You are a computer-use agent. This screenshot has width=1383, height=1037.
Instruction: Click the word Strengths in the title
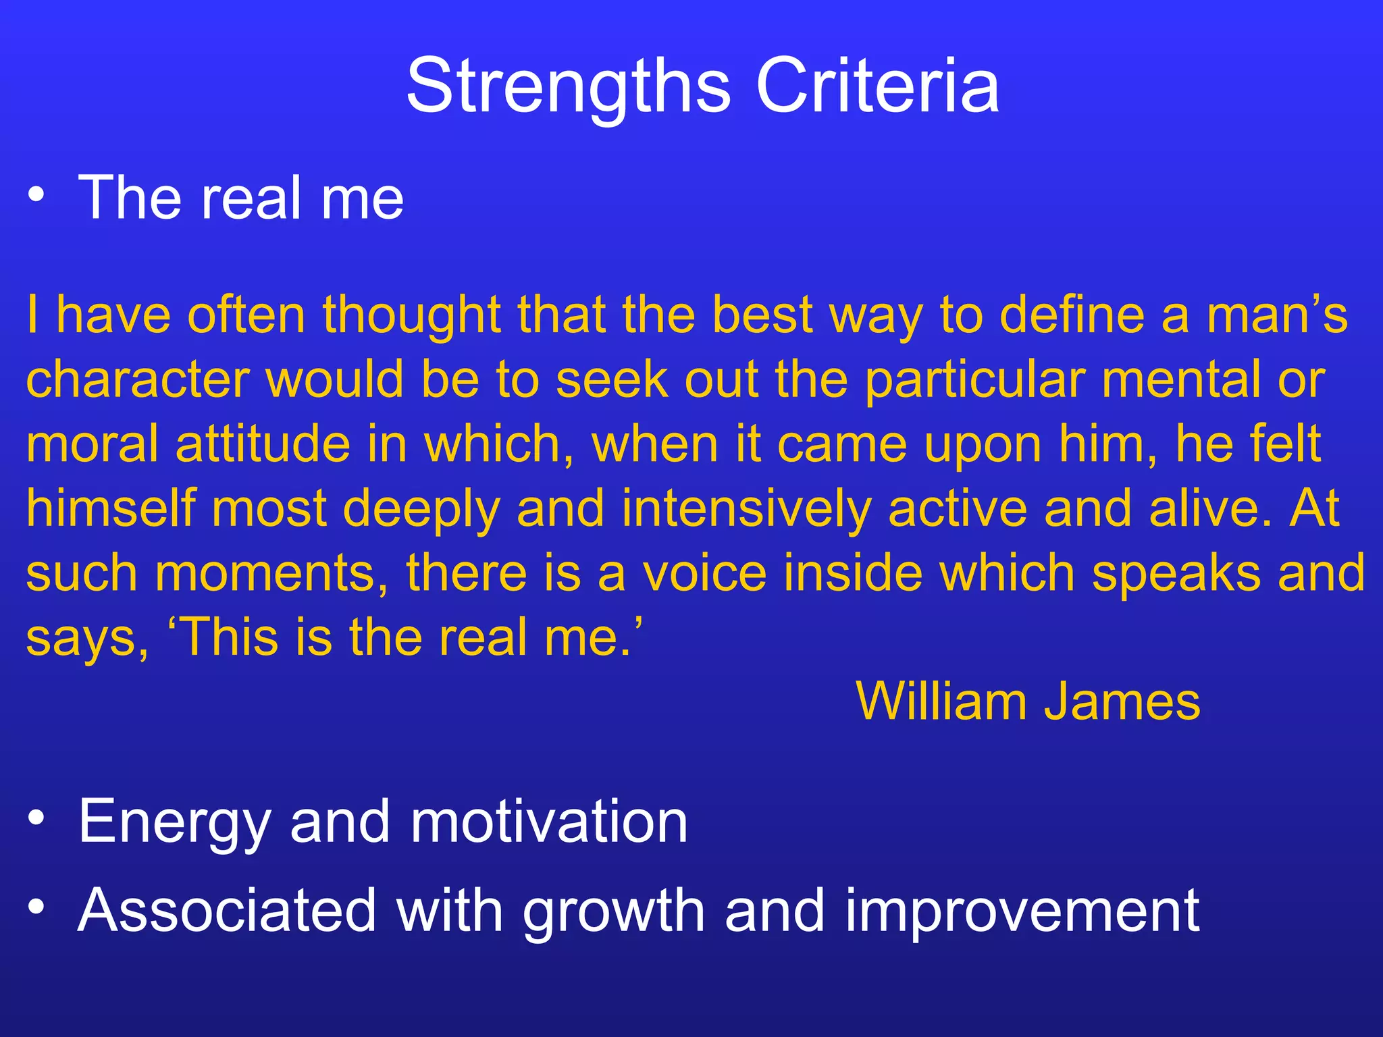569,86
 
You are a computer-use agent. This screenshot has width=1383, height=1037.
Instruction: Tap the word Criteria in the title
877,86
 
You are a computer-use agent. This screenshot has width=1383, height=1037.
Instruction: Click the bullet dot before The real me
36,196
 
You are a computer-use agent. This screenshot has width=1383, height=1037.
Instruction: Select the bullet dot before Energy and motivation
36,819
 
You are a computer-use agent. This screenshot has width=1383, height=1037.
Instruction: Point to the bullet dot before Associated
36,908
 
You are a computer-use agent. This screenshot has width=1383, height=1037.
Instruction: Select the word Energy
174,822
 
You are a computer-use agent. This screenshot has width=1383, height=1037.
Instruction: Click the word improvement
1022,911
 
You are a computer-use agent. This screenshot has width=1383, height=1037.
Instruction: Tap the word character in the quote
138,379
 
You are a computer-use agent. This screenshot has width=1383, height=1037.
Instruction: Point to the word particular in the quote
974,381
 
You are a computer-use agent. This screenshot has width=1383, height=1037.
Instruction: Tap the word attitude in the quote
263,444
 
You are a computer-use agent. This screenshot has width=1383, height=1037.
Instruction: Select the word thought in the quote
411,316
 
